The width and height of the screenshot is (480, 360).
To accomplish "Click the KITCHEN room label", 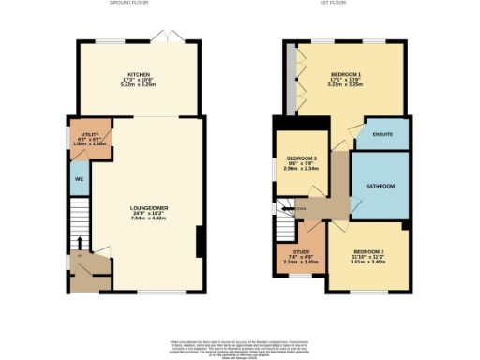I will [140, 73].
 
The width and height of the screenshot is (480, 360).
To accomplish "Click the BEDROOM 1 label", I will [346, 73].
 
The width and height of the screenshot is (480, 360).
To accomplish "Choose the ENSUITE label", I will [382, 135].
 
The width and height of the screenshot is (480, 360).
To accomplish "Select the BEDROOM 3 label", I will [302, 157].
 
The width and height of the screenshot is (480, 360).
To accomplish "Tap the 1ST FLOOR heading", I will [343, 4].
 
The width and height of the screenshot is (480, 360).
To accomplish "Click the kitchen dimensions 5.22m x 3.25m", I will [140, 84].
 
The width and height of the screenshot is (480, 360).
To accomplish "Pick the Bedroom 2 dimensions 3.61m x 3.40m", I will [368, 263].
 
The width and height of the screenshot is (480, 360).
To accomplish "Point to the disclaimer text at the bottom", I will [239, 346].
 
